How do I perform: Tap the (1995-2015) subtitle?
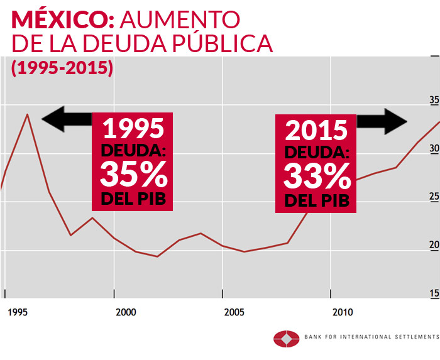(x=62, y=68)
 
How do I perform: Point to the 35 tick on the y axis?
(x=434, y=101)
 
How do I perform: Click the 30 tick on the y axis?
(x=434, y=150)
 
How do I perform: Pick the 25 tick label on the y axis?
(x=434, y=198)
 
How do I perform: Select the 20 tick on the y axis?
(x=434, y=246)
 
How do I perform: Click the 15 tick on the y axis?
(x=434, y=294)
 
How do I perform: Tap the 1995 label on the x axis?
(x=17, y=312)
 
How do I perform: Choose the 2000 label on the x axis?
(x=126, y=312)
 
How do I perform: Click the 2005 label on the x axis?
(x=234, y=312)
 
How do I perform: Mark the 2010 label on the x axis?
(x=343, y=312)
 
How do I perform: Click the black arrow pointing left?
(x=66, y=119)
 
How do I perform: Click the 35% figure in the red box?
(x=133, y=175)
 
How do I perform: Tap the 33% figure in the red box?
(x=317, y=176)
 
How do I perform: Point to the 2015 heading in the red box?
(x=316, y=130)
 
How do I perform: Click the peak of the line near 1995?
(x=27, y=114)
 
